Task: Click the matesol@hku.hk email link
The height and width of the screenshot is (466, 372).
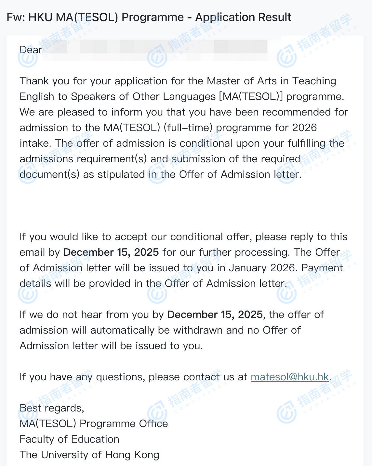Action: coord(290,377)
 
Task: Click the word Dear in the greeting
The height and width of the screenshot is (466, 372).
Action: coord(31,50)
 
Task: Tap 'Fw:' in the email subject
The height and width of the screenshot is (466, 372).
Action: coord(16,17)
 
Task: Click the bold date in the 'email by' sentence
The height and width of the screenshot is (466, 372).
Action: coord(111,252)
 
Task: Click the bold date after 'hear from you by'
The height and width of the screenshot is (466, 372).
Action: coord(215,314)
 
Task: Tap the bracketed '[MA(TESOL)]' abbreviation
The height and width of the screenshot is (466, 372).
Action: coord(251,96)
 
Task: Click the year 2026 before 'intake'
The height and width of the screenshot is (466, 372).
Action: coord(304,128)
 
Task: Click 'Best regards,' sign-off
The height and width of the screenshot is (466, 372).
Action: coord(52,408)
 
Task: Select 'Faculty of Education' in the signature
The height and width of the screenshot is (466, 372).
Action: coord(69,439)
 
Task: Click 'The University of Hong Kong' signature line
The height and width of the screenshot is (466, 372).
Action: coord(89,455)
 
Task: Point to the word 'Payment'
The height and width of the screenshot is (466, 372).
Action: coord(322,268)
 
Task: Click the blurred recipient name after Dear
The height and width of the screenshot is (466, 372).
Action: coord(156,50)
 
